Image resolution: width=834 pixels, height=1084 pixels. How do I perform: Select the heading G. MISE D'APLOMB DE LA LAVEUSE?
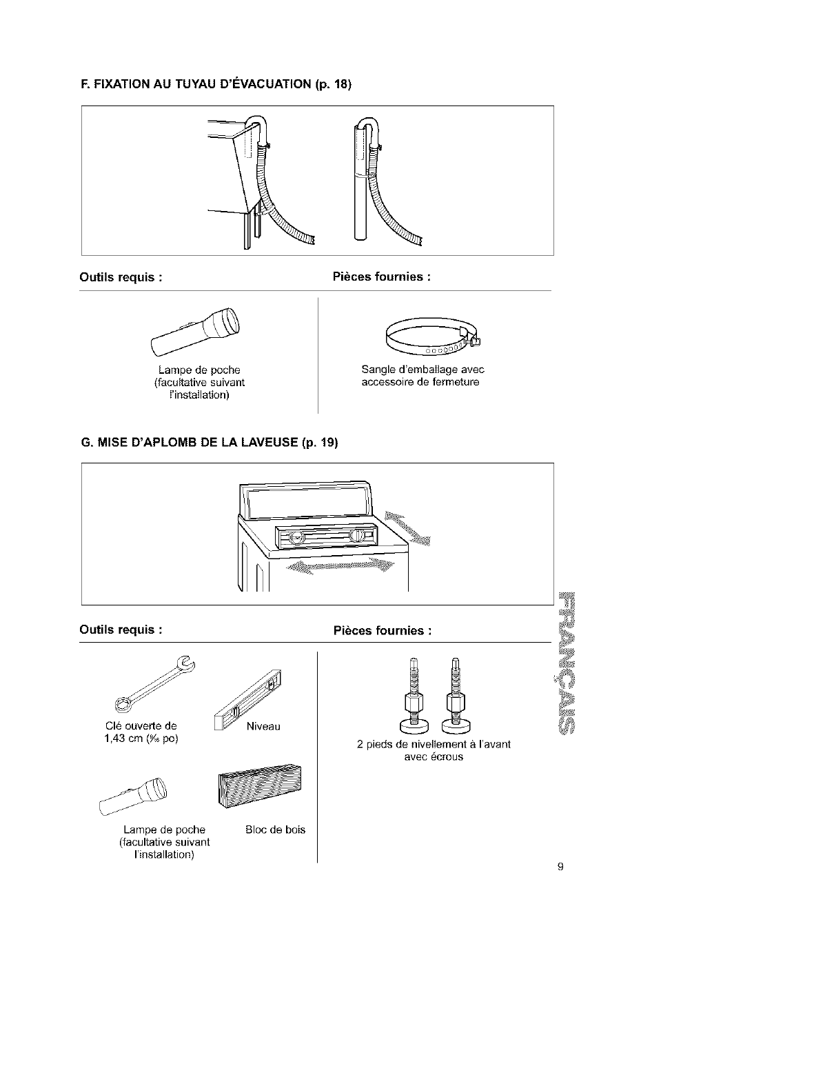(209, 443)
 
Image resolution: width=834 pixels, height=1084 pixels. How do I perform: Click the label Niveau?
(263, 726)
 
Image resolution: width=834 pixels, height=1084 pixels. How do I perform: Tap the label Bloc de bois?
(275, 830)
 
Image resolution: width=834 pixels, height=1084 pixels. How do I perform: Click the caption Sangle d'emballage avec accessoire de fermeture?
(423, 376)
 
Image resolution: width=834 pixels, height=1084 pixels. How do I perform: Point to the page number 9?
(561, 867)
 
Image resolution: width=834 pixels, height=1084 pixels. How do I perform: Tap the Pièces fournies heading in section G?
(383, 631)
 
